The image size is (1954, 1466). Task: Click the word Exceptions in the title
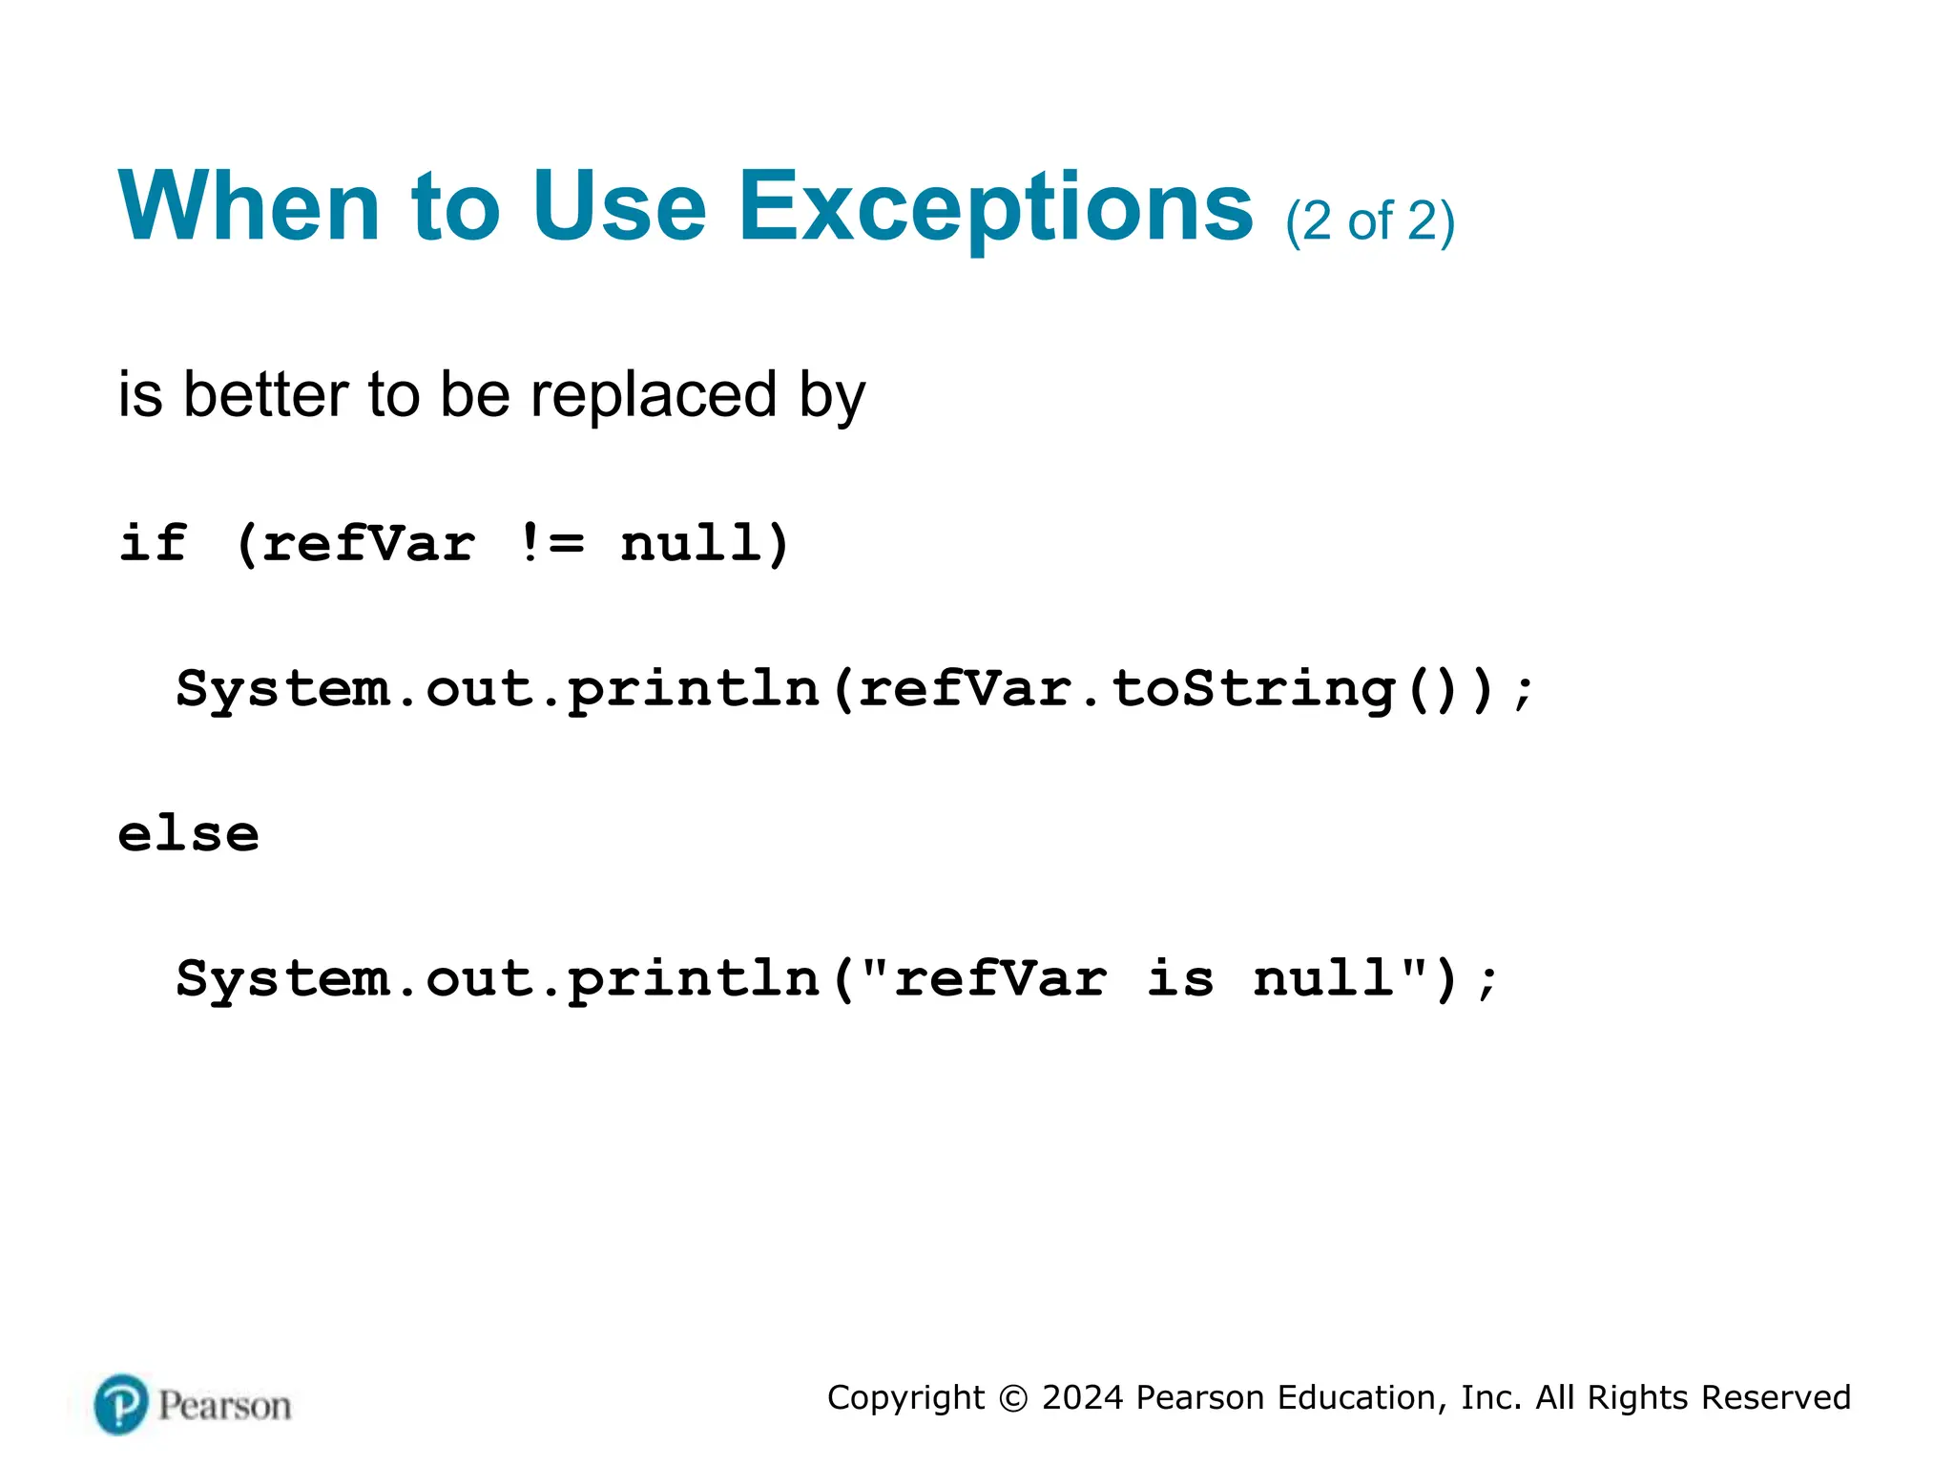coord(995,208)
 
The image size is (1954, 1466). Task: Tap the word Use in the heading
coord(619,206)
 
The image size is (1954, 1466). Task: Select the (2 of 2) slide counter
coord(1369,221)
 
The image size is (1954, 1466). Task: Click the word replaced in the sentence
coord(654,395)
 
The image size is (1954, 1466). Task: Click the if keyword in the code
coord(153,544)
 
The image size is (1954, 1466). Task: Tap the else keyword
coord(188,834)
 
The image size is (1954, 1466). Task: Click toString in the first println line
coord(1254,689)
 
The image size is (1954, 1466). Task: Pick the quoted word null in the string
coord(1323,979)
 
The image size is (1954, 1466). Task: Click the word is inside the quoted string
coord(1180,979)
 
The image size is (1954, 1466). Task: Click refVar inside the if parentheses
coord(367,544)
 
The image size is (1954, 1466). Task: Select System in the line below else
coord(283,979)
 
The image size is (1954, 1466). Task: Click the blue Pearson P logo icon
coord(121,1404)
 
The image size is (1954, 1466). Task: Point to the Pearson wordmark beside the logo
coord(224,1406)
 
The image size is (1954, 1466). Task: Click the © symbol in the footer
coord(1013,1398)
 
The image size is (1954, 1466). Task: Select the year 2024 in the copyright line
coord(1082,1397)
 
